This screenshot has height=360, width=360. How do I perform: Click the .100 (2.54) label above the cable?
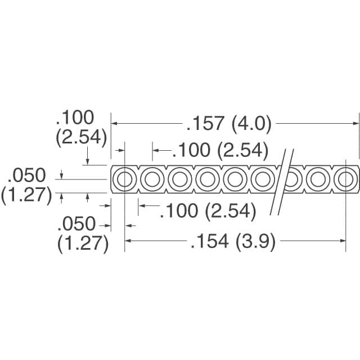[219, 150]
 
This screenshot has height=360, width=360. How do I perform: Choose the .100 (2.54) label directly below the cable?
[208, 211]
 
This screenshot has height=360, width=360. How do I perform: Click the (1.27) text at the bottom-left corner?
[83, 244]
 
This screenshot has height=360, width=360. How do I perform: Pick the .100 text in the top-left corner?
[74, 118]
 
